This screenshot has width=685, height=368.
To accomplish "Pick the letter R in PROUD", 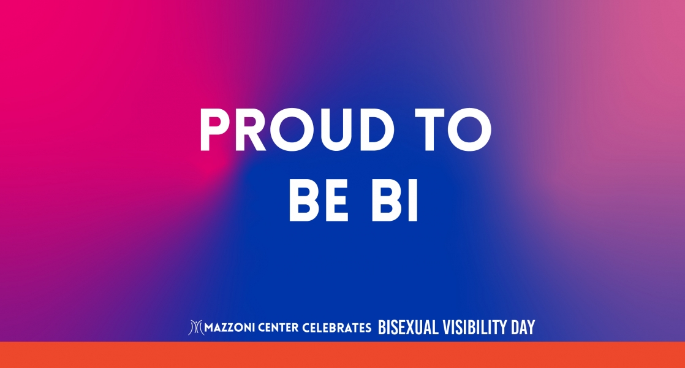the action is [252, 130].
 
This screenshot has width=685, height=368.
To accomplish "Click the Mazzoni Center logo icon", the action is [195, 328].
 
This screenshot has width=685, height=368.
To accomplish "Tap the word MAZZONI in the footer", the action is [230, 328].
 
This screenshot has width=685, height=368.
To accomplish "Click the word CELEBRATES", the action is [336, 328].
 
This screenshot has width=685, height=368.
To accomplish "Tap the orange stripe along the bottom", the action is [342, 355].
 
